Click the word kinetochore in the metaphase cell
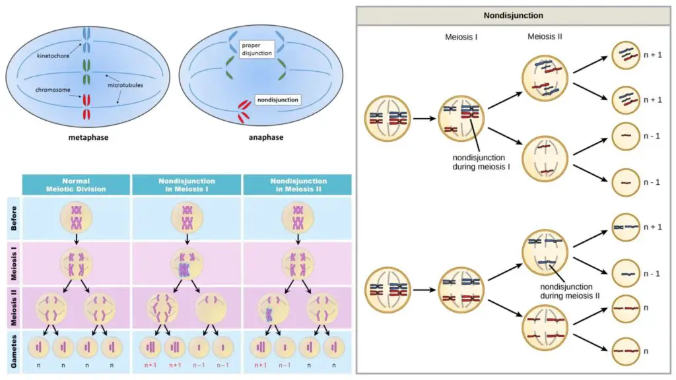click(53, 55)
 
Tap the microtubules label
click(125, 85)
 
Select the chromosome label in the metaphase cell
click(53, 90)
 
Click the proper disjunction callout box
click(257, 49)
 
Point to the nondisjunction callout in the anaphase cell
click(278, 100)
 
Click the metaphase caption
click(88, 137)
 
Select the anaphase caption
click(266, 137)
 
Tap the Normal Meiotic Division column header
click(76, 185)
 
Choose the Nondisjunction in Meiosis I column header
click(187, 185)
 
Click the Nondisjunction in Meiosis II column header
click(298, 185)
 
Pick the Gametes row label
click(13, 352)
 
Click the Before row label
click(13, 218)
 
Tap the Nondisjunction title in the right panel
click(513, 16)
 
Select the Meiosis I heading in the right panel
click(461, 37)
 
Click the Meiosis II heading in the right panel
click(545, 37)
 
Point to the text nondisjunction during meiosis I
click(481, 162)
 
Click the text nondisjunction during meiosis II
click(570, 291)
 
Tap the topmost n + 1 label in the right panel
click(653, 55)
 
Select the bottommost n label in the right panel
click(646, 351)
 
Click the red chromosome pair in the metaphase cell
click(86, 107)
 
